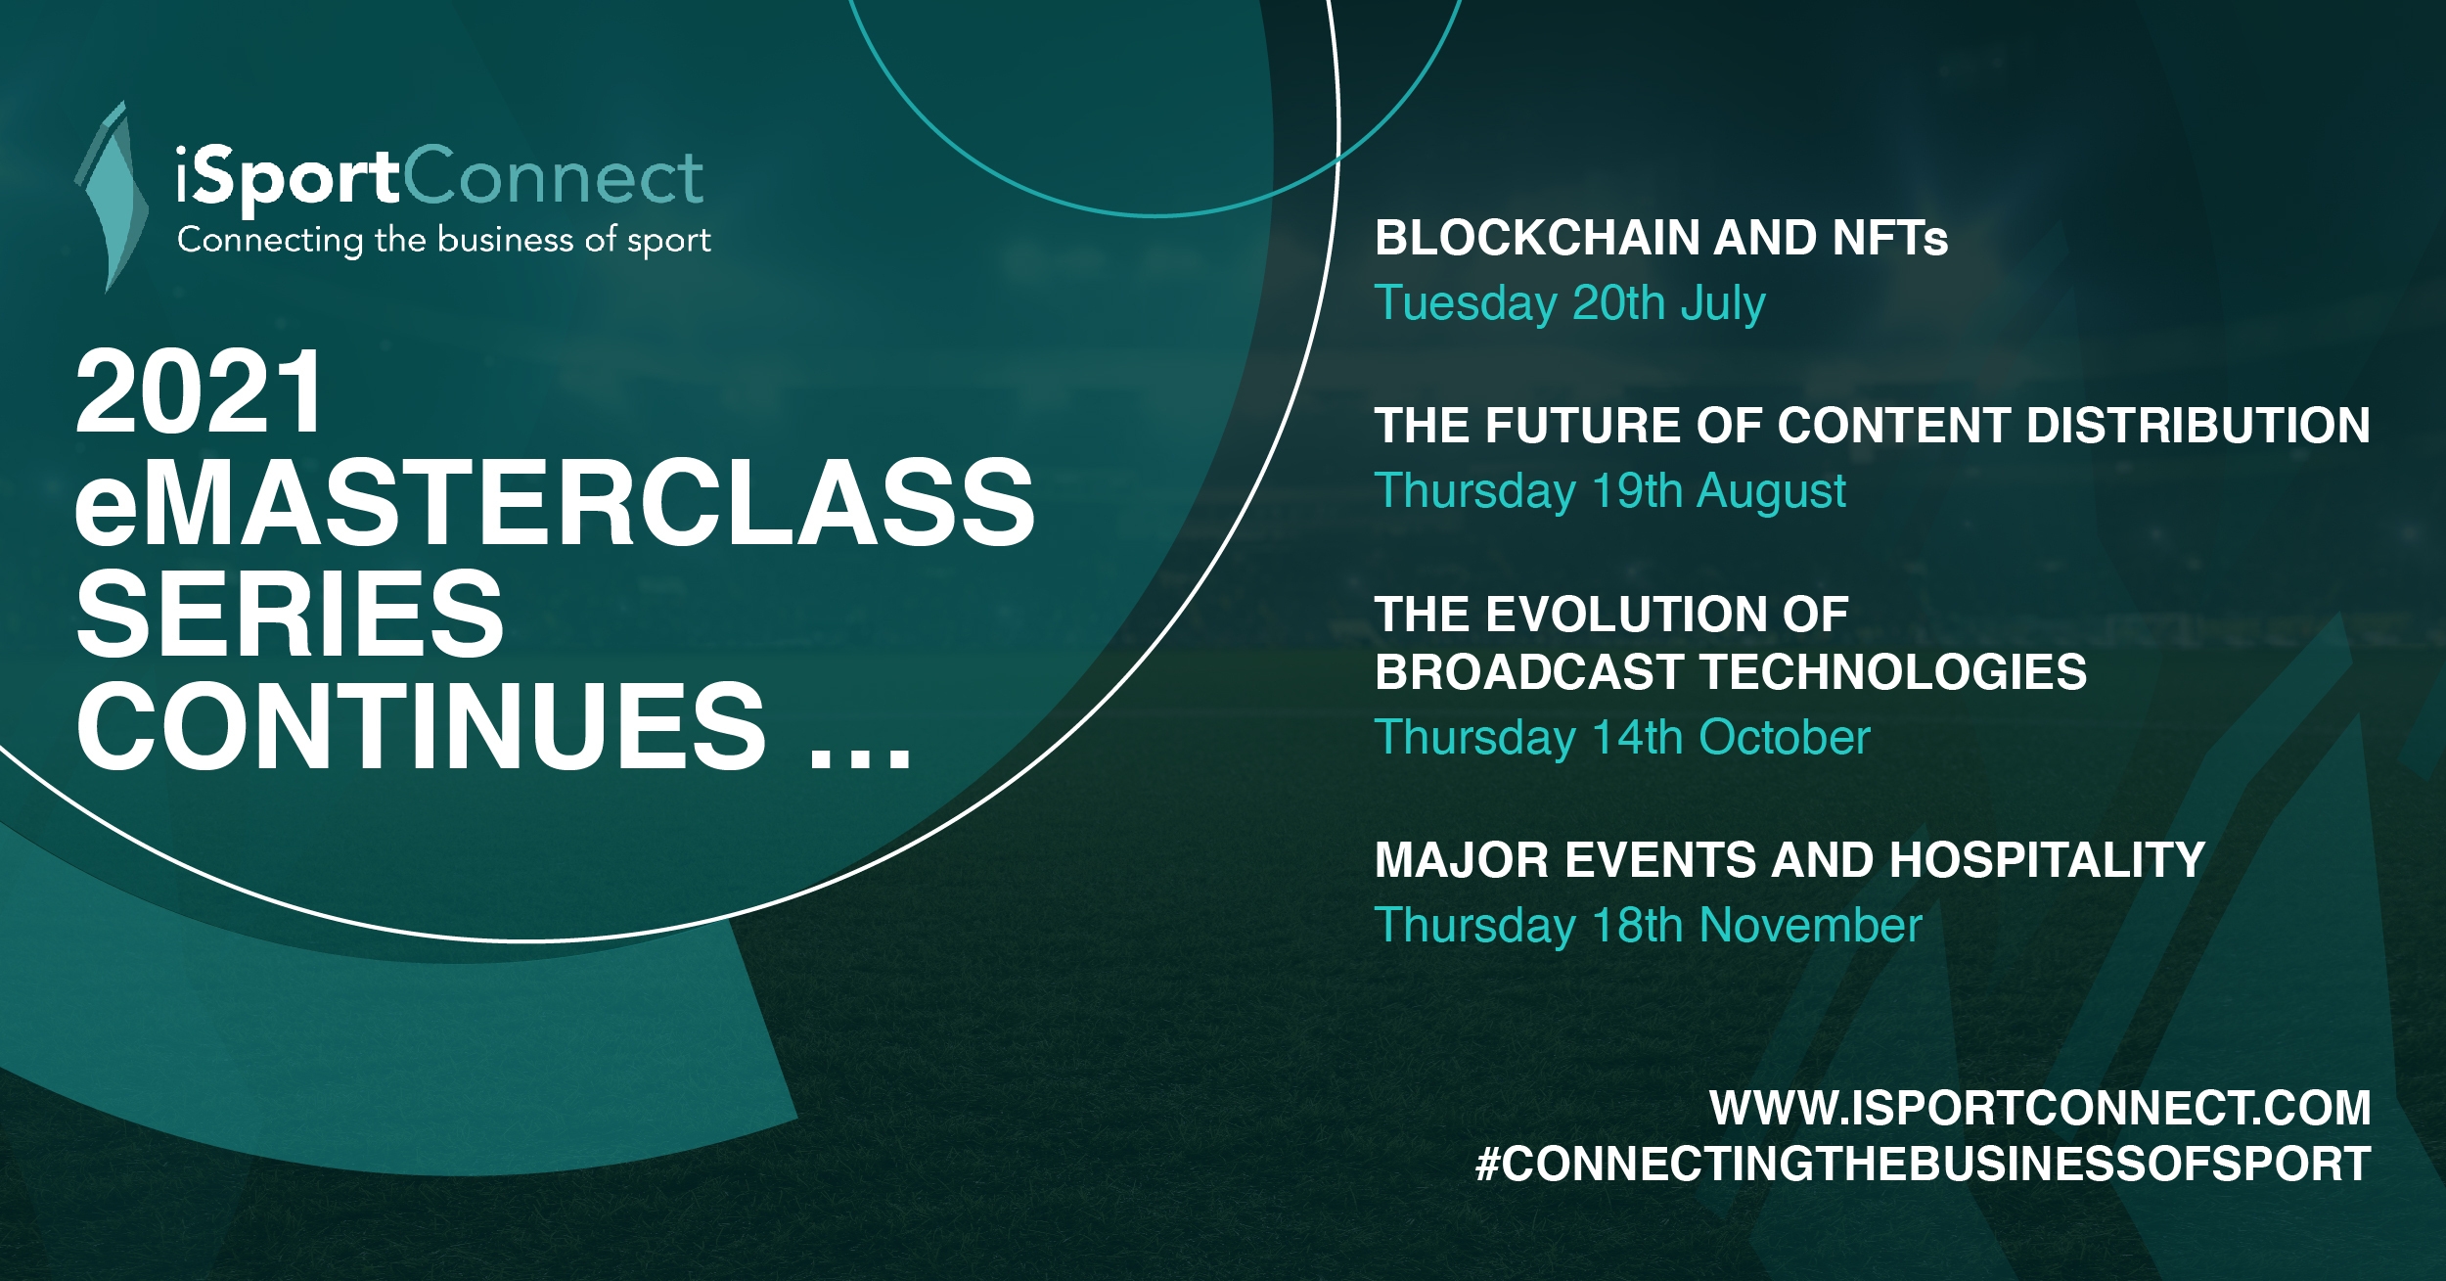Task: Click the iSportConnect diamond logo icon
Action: click(111, 196)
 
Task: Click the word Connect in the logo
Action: click(553, 176)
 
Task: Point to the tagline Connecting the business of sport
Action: click(444, 241)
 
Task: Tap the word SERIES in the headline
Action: click(290, 615)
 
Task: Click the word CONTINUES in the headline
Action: click(422, 726)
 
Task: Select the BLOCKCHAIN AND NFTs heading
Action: click(1661, 238)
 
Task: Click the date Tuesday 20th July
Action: click(1570, 303)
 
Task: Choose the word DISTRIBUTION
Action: click(2198, 426)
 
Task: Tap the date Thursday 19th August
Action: click(1610, 491)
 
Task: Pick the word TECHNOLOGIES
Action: click(1894, 672)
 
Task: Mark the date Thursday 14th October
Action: click(1622, 737)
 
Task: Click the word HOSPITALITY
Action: click(2048, 860)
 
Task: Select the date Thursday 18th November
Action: click(1649, 925)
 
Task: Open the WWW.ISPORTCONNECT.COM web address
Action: click(2040, 1109)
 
